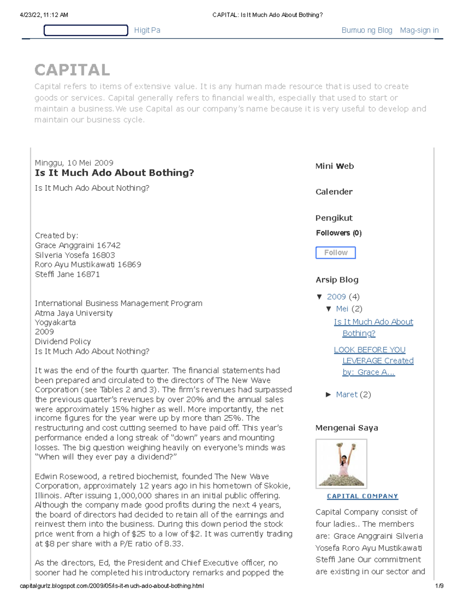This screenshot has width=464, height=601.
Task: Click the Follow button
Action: point(335,253)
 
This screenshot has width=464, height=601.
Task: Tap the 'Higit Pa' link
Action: point(147,30)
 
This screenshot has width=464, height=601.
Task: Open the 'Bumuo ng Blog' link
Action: point(367,30)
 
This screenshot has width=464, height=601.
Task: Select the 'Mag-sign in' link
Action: point(419,30)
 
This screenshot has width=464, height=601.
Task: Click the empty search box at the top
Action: point(86,30)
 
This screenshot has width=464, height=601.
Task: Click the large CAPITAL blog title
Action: point(72,70)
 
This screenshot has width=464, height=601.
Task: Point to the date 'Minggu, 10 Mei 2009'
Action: point(74,163)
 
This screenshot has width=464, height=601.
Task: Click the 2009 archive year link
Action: point(336,297)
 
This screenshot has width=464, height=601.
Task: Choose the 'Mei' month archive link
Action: point(342,309)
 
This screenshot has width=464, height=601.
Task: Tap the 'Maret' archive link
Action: point(346,395)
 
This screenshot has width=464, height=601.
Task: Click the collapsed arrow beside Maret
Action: point(328,395)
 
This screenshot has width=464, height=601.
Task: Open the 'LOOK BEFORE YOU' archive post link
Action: point(370,350)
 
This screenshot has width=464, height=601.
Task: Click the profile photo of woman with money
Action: point(341,464)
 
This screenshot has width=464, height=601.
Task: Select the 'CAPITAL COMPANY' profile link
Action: point(362,496)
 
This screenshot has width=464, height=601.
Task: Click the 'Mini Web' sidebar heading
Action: point(334,166)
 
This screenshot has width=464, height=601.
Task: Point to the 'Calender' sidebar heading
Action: point(334,192)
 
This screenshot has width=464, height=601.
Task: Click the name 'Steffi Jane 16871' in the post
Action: point(67,274)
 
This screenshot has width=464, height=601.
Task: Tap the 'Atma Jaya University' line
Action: point(74,313)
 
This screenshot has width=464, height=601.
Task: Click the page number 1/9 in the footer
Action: point(439,586)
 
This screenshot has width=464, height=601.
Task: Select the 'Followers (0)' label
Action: point(339,233)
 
